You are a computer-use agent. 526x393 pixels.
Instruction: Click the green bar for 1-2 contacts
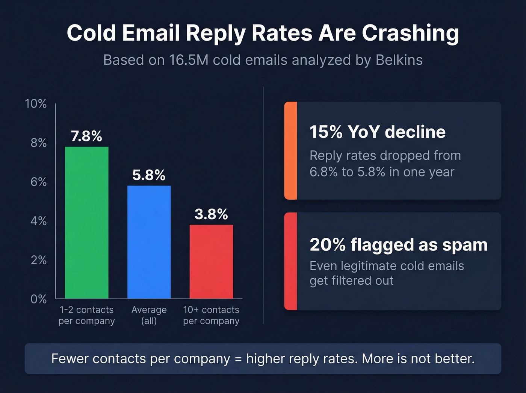pyautogui.click(x=87, y=223)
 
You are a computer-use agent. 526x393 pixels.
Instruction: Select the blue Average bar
pyautogui.click(x=149, y=242)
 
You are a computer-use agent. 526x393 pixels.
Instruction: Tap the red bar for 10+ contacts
pyautogui.click(x=211, y=262)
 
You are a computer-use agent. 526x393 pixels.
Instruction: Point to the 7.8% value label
pyautogui.click(x=86, y=136)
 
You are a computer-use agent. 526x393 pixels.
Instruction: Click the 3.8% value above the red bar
pyautogui.click(x=211, y=214)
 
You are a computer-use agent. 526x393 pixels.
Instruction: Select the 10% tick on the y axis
pyautogui.click(x=36, y=104)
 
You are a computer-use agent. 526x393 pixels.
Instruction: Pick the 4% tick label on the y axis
pyautogui.click(x=38, y=221)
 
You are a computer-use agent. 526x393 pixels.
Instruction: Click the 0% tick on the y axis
pyautogui.click(x=38, y=299)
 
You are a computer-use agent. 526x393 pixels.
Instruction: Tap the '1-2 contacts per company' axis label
pyautogui.click(x=86, y=315)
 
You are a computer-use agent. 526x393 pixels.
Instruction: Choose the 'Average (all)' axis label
pyautogui.click(x=149, y=315)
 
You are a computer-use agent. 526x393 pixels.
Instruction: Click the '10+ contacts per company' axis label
pyautogui.click(x=211, y=315)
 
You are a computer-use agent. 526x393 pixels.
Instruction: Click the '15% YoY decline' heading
pyautogui.click(x=377, y=132)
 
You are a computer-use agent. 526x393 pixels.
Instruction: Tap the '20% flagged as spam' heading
pyautogui.click(x=398, y=245)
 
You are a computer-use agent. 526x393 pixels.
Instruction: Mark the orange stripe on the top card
pyautogui.click(x=290, y=150)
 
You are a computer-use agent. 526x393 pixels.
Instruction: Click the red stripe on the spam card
pyautogui.click(x=290, y=261)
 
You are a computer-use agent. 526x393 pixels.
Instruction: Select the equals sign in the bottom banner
pyautogui.click(x=238, y=359)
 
